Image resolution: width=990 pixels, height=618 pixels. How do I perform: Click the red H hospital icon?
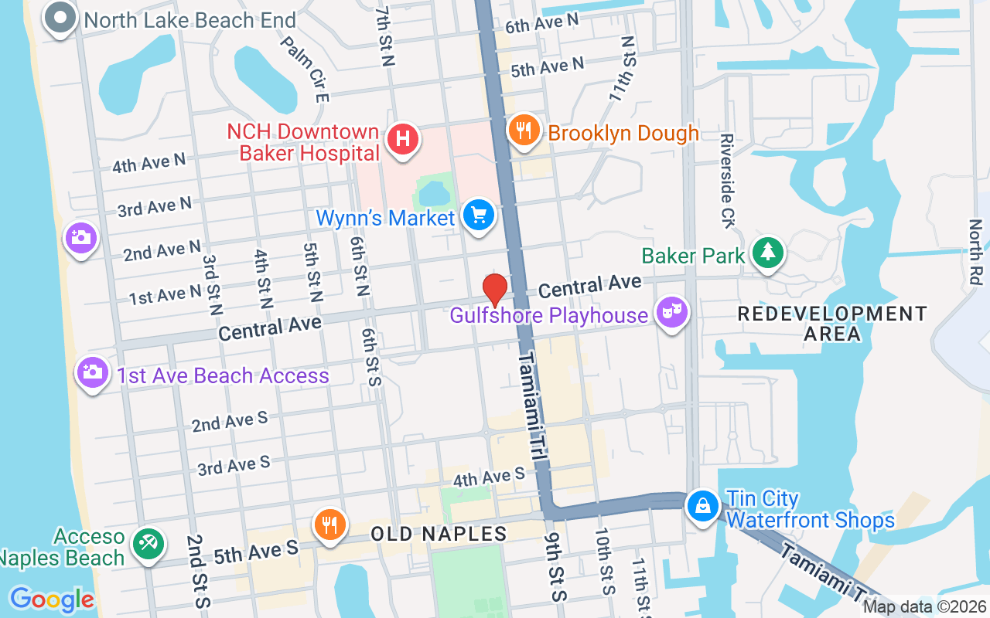[402, 141]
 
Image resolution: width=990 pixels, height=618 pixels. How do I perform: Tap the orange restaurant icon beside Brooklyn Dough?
[524, 130]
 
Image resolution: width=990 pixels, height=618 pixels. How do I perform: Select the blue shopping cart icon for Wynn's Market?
[479, 215]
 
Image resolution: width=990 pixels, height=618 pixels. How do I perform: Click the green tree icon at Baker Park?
[767, 253]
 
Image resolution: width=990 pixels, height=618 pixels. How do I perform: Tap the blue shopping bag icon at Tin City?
[702, 507]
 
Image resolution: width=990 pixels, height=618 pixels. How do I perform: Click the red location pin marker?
[495, 290]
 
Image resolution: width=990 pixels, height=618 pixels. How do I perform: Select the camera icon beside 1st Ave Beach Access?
[92, 373]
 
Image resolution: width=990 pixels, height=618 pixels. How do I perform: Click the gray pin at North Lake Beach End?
[60, 18]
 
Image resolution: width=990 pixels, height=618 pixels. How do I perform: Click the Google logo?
[51, 599]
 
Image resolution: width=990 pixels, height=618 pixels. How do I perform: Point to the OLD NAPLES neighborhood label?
[439, 534]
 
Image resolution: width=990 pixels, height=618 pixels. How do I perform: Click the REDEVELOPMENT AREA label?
[832, 324]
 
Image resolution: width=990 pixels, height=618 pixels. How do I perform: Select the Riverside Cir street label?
[726, 182]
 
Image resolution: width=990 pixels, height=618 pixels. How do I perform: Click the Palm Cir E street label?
[306, 70]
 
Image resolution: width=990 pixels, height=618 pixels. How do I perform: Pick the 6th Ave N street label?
[541, 23]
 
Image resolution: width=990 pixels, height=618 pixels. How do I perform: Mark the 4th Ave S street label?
[489, 477]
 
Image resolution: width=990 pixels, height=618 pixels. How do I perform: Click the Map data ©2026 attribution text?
[924, 607]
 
